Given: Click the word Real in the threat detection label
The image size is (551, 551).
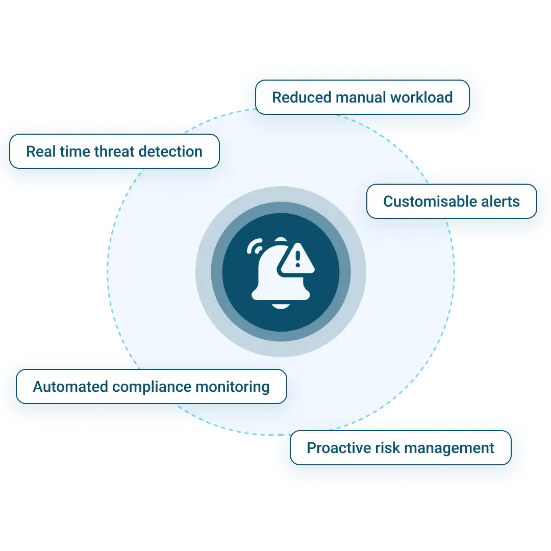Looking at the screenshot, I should click(39, 152).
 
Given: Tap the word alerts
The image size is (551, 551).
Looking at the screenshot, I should click(499, 202).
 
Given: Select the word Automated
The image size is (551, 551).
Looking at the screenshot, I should click(70, 387).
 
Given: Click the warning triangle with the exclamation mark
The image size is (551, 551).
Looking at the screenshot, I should click(297, 260).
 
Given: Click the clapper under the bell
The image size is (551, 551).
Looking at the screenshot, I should click(280, 306).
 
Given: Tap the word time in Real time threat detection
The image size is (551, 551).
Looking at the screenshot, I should click(72, 152).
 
